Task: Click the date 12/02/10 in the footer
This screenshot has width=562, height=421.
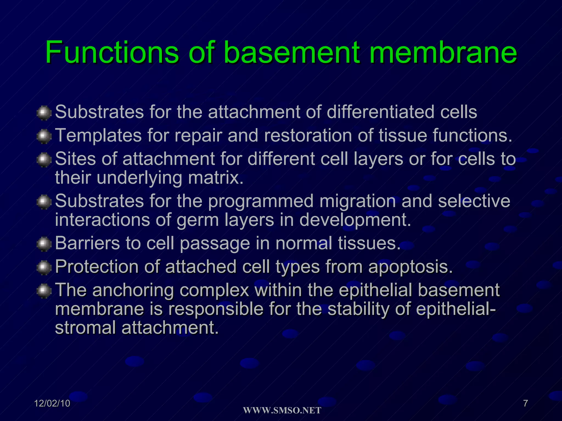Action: pos(52,403)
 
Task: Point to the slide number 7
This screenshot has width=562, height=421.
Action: pos(525,403)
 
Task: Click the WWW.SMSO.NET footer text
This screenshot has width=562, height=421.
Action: pos(282,411)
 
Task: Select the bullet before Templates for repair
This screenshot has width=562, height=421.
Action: pos(44,136)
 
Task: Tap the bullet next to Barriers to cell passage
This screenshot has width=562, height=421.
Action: pos(44,244)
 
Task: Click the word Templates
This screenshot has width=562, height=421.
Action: pos(98,136)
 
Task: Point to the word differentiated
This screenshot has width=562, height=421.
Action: pos(380,112)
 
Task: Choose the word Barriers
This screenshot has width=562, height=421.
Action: pos(88,243)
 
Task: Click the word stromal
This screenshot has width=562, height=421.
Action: pos(85,328)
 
